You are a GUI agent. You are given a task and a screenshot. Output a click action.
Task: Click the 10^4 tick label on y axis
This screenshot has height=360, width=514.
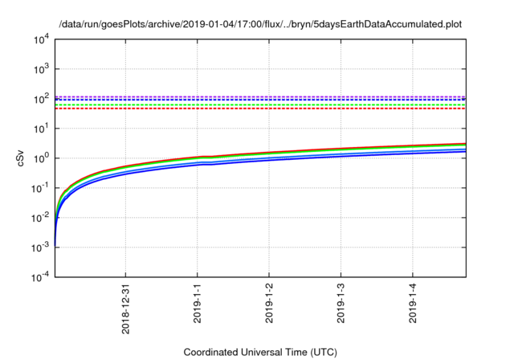41,39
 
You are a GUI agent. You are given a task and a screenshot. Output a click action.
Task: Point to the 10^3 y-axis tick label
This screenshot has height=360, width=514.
41,69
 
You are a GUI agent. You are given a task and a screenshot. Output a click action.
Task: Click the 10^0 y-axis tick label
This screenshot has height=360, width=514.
41,158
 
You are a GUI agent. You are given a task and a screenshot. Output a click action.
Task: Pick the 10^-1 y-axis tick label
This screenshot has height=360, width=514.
39,188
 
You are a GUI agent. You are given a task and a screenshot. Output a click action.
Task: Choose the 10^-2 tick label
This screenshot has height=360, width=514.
39,218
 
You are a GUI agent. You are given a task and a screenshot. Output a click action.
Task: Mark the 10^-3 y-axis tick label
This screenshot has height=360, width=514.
39,247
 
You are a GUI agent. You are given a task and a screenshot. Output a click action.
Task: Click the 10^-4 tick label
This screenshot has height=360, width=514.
39,277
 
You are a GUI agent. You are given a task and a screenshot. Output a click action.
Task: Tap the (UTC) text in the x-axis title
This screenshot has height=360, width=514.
324,352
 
